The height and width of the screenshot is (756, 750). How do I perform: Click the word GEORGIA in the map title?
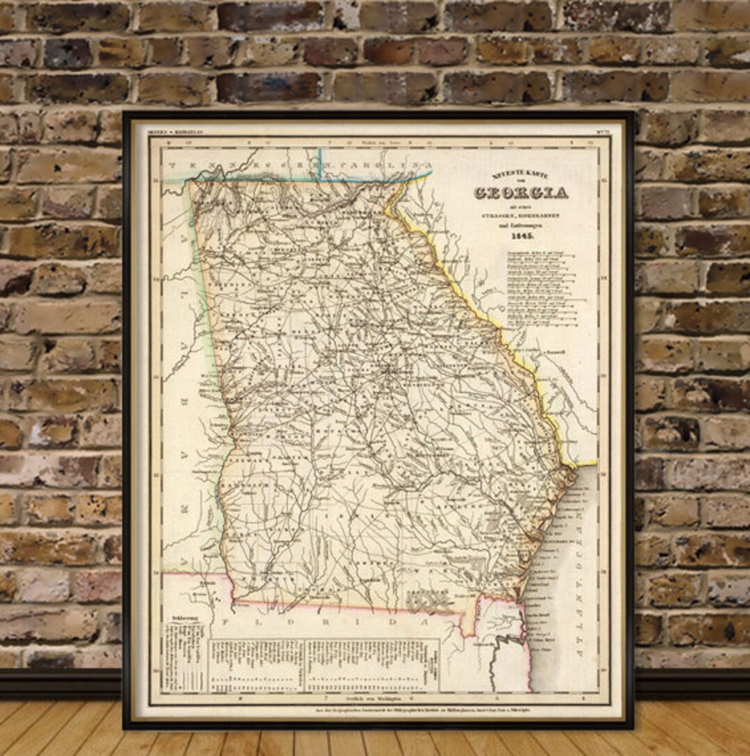click(x=521, y=193)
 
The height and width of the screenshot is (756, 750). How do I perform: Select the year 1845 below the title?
click(x=522, y=236)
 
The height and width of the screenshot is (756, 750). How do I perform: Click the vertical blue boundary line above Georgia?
click(x=319, y=163)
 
